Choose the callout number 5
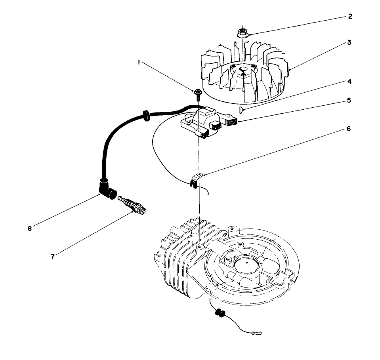coord(349,100)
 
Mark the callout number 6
coord(349,129)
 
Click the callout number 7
coord(52,256)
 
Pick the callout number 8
coord(30,228)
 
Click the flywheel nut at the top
coord(243,32)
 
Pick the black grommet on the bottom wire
coord(219,313)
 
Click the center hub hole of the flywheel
coord(243,69)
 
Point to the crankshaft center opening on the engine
coord(246,262)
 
